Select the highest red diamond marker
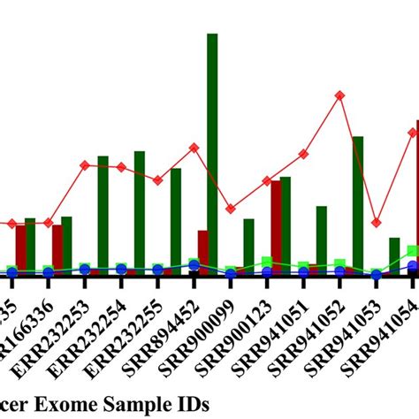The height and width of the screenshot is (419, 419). point(339,95)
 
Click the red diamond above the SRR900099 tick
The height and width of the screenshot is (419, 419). point(231,209)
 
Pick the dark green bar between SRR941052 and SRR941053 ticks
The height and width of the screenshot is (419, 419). point(358,203)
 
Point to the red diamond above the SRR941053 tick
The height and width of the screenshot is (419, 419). point(376,223)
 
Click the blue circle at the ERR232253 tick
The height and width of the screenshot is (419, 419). point(85,270)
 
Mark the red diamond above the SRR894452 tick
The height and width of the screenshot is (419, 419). point(194,148)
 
